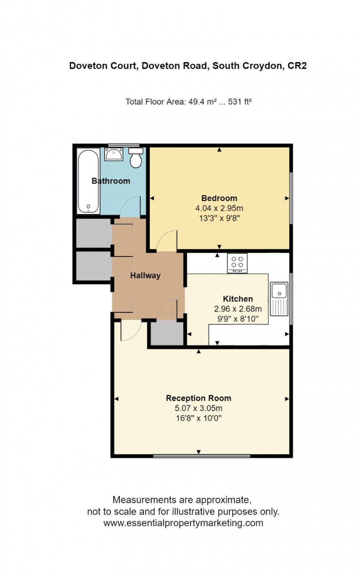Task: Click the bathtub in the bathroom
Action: (x=88, y=181)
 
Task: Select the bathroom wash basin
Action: (x=114, y=154)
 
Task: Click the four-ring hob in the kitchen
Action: (x=237, y=263)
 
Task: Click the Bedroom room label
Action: (x=219, y=198)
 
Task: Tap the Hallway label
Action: (x=145, y=275)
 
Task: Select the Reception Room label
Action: (x=198, y=398)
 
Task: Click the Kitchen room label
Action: (x=238, y=299)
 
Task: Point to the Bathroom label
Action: (x=111, y=181)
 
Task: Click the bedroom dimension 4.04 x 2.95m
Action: (x=219, y=208)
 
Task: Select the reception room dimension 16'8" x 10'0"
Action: (x=198, y=418)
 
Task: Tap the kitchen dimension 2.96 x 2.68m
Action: (x=238, y=309)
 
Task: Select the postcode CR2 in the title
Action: (x=297, y=66)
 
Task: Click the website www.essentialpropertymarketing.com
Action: (x=183, y=523)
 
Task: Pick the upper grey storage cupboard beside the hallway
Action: (x=93, y=233)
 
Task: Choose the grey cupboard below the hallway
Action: (x=167, y=333)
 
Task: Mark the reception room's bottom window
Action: (x=201, y=456)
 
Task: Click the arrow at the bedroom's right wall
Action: (x=287, y=198)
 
